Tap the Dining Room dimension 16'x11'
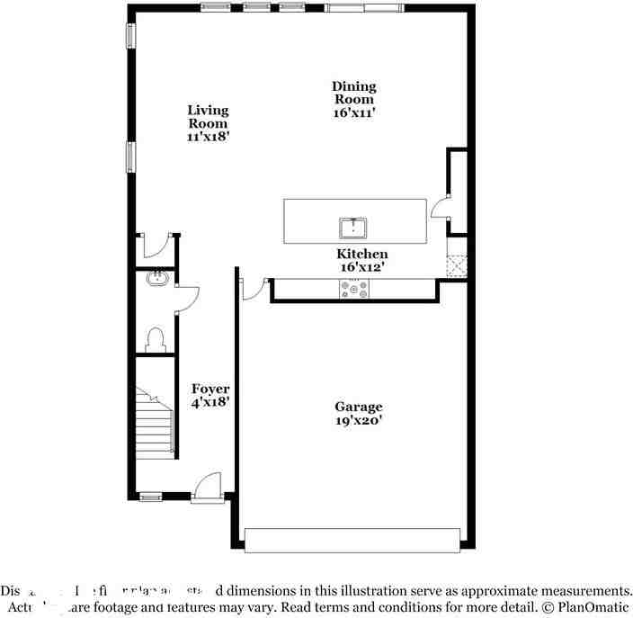pyautogui.click(x=353, y=112)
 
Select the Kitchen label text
pyautogui.click(x=361, y=255)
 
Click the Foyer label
pyautogui.click(x=210, y=389)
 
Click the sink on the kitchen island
pyautogui.click(x=354, y=226)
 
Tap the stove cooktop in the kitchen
pyautogui.click(x=354, y=288)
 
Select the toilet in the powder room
pyautogui.click(x=156, y=339)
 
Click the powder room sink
pyautogui.click(x=157, y=278)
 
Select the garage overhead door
pyautogui.click(x=352, y=539)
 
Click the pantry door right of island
pyautogui.click(x=441, y=209)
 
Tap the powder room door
pyautogui.click(x=186, y=300)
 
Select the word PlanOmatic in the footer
pyautogui.click(x=591, y=607)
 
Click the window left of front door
pyautogui.click(x=150, y=496)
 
